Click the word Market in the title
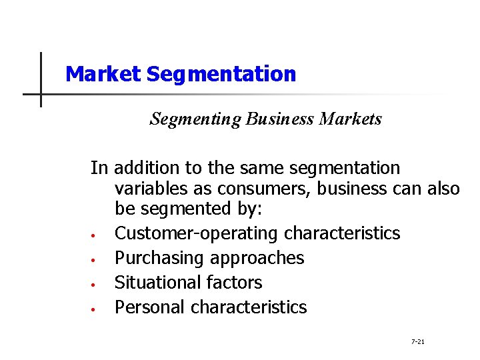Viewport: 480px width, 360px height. pyautogui.click(x=103, y=74)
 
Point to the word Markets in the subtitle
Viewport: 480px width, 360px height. pyautogui.click(x=351, y=119)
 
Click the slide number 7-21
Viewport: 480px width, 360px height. pyautogui.click(x=418, y=342)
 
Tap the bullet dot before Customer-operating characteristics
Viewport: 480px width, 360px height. pyautogui.click(x=95, y=235)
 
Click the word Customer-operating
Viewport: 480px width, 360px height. pyautogui.click(x=197, y=233)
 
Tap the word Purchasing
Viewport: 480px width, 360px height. pyautogui.click(x=153, y=258)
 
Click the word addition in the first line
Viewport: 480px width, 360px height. pyautogui.click(x=144, y=168)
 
